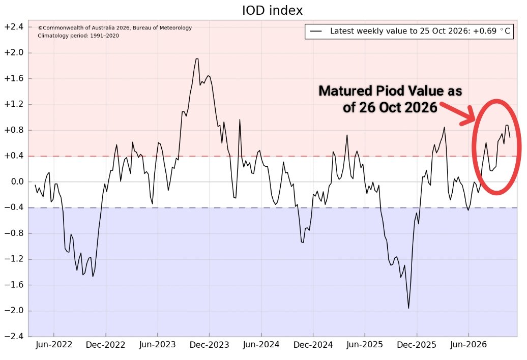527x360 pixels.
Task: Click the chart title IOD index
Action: [x=272, y=10]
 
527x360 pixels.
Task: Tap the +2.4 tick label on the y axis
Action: [x=13, y=27]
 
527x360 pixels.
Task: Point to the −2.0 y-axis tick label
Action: [x=13, y=311]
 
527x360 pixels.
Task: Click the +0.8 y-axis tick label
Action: [x=13, y=130]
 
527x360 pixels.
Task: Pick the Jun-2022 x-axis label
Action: [x=54, y=345]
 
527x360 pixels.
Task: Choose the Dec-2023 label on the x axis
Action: [x=209, y=345]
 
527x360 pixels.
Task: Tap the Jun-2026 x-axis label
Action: [x=469, y=345]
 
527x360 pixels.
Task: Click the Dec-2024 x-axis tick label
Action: [x=313, y=345]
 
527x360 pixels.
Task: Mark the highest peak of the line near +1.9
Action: [x=197, y=59]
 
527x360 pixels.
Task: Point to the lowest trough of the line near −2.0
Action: [x=408, y=308]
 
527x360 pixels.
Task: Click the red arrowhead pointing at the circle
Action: [x=469, y=116]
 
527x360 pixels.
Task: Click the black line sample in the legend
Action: [x=316, y=31]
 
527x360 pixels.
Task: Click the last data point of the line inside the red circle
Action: [x=510, y=137]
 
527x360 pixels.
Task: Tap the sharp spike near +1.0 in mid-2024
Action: [x=240, y=120]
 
